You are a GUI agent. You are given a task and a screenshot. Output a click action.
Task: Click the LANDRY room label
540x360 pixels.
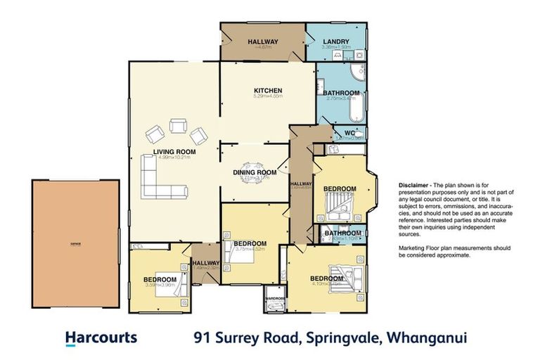tap(334, 41)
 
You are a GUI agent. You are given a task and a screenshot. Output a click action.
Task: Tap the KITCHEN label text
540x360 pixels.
tap(268, 91)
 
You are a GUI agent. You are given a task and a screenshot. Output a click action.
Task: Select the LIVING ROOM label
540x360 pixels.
tap(174, 151)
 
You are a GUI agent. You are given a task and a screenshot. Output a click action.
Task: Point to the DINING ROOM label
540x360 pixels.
tap(255, 172)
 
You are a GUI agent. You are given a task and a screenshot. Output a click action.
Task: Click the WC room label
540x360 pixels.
tap(348, 132)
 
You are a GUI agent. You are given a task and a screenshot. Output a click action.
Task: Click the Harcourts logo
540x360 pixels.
tap(101, 337)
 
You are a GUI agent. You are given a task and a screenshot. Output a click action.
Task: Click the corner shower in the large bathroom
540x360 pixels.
tap(355, 72)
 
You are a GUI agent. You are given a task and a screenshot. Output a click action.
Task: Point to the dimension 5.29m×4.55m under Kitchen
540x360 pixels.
tap(268, 97)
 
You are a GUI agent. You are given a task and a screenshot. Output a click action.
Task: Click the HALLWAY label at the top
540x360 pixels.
tap(263, 41)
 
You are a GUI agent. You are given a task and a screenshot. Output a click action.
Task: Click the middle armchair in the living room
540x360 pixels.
tap(179, 127)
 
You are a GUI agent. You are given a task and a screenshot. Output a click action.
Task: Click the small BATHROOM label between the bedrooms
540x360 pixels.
tap(343, 233)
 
